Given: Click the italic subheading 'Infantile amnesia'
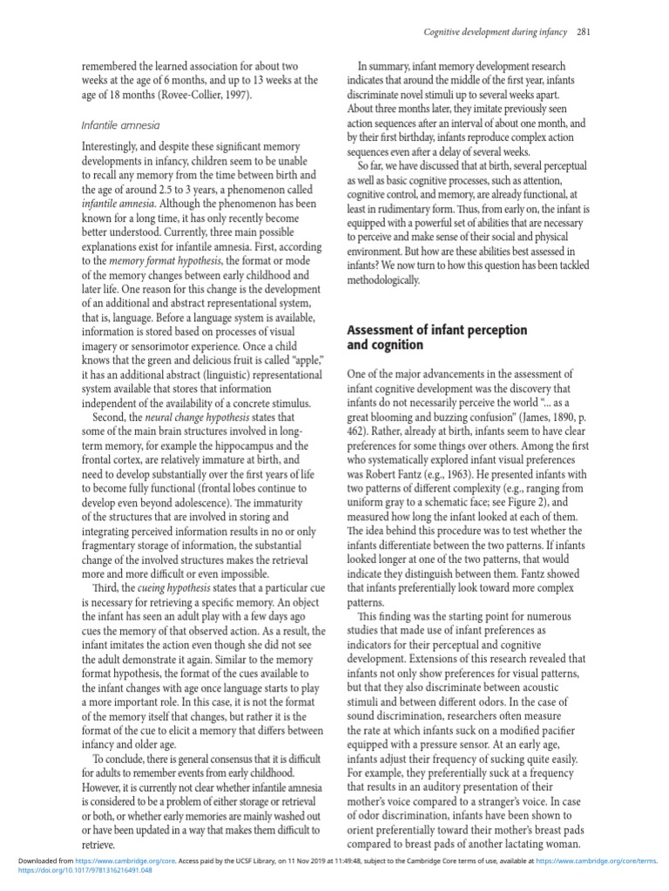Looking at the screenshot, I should [x=120, y=125].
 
